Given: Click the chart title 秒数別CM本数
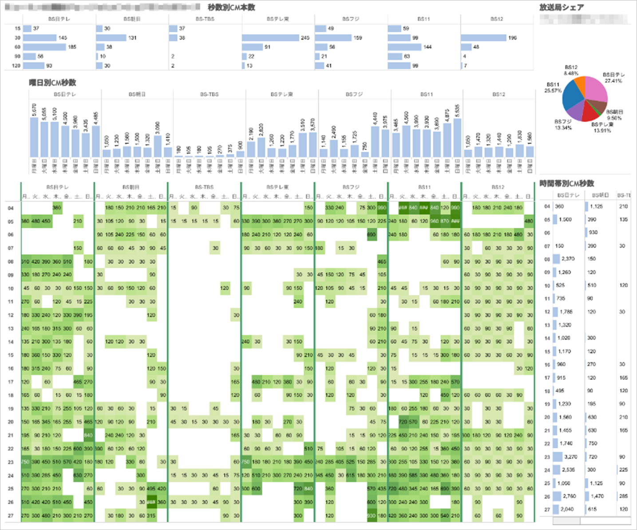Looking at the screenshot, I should point(231,8).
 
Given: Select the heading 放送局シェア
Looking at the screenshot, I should point(562,8).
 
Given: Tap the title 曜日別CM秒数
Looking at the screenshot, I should point(52,83).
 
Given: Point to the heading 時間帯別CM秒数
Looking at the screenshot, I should point(567,183).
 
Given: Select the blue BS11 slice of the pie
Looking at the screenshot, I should point(572,95).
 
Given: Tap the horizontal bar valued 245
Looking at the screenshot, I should point(270,38).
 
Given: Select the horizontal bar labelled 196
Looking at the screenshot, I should point(483,38).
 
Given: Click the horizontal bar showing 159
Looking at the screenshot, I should point(332,38).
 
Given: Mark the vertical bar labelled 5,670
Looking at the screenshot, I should point(34,137).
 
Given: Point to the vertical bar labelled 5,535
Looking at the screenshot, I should point(457,138).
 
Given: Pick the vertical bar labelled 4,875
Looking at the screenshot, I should point(447,140).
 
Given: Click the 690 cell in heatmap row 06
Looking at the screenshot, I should point(372,235).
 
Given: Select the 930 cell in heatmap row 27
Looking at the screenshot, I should point(372,516).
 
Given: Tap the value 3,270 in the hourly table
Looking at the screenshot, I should point(570,457).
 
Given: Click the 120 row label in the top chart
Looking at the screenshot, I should point(16,66).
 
